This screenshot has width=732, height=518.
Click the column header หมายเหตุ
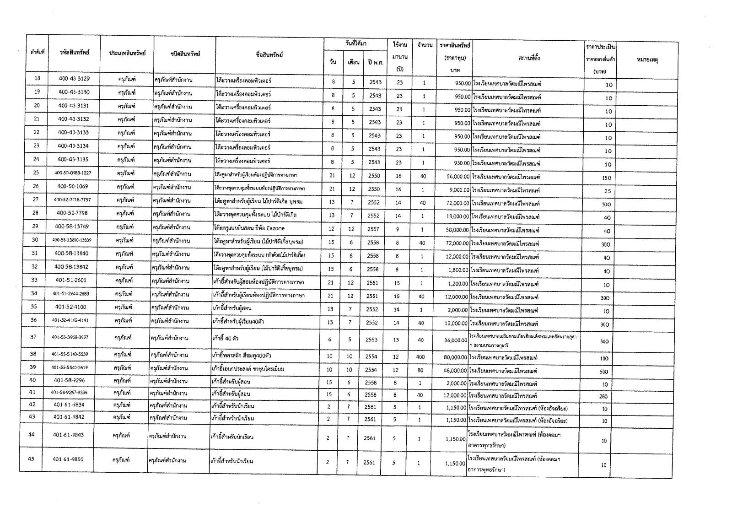point(647,59)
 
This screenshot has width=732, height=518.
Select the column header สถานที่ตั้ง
point(529,58)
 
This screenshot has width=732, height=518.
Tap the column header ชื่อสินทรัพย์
point(269,55)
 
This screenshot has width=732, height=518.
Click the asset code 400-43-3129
point(74,79)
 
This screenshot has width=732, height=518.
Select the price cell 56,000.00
point(457,176)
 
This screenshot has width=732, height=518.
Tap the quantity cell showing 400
point(420,357)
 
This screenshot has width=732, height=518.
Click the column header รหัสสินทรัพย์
point(74,52)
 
